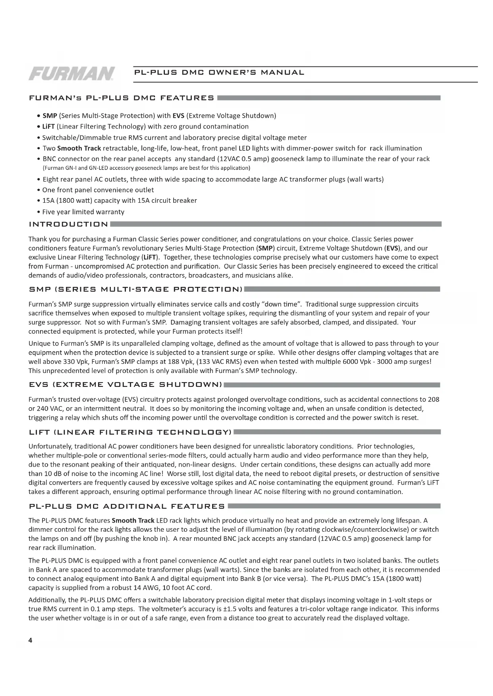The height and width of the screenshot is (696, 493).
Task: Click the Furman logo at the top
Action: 72,73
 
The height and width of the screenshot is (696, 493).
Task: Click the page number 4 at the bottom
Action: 30,640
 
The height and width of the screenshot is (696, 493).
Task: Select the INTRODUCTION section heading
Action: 68,225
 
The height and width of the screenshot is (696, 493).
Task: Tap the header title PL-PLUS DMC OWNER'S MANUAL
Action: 219,73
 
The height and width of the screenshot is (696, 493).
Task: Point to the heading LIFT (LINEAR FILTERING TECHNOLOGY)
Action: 130,432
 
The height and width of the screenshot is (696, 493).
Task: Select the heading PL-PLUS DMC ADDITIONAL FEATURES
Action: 127,506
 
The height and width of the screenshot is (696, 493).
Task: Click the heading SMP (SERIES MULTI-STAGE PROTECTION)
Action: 136,289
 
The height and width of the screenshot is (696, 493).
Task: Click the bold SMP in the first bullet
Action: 50,116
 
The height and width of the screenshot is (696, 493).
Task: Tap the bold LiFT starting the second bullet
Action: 48,127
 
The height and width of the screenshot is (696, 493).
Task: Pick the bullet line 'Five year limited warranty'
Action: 83,212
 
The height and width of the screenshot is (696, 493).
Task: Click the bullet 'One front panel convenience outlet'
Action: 98,190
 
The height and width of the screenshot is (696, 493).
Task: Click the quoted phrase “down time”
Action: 281,304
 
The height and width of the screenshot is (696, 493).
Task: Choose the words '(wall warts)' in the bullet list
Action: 365,179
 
